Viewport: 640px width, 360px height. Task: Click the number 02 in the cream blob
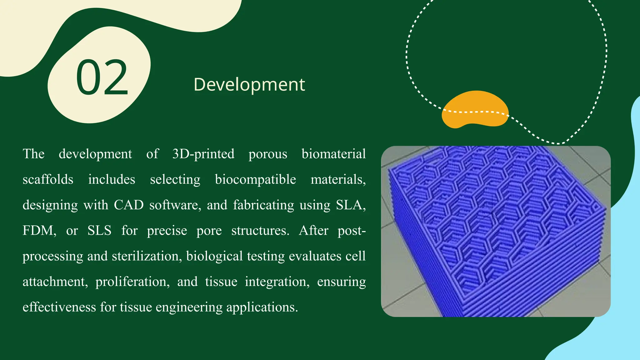(x=102, y=77)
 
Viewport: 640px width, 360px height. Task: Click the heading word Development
(x=249, y=84)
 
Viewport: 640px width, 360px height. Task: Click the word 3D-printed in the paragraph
(x=203, y=154)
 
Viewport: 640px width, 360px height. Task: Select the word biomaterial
(x=333, y=154)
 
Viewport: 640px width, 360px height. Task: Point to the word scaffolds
(x=48, y=180)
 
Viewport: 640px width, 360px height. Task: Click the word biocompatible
(x=255, y=180)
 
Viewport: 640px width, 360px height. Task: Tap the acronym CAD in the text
(x=128, y=205)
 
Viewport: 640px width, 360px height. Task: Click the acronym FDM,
(x=39, y=231)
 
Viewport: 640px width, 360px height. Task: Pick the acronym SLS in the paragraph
(x=99, y=231)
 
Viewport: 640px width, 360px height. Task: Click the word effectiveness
(x=59, y=307)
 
